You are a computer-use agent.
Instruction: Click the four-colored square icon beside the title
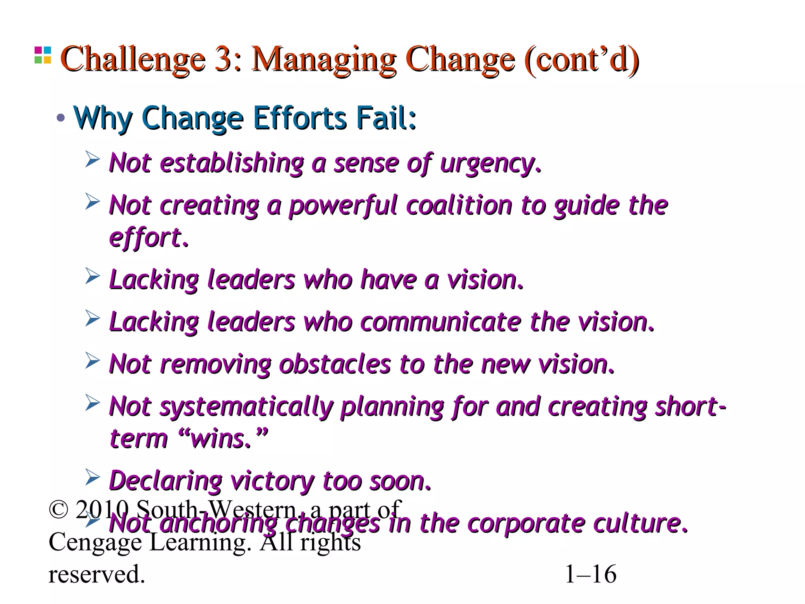click(43, 55)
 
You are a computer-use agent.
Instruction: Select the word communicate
click(440, 322)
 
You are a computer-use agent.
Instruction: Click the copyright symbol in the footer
click(59, 509)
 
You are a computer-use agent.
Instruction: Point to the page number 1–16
click(590, 574)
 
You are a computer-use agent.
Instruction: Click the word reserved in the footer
click(97, 574)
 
